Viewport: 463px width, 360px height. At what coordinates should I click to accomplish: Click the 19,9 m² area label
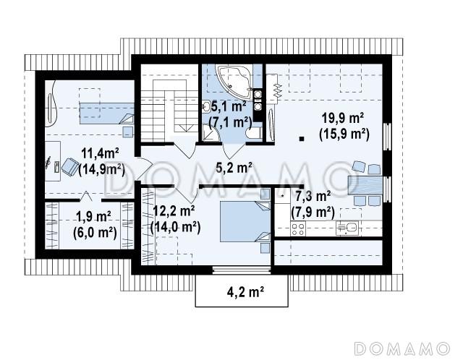click(x=342, y=119)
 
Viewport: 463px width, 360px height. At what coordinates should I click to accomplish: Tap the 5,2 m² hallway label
click(x=234, y=168)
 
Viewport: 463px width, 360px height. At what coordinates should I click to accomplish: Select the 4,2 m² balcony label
click(x=245, y=292)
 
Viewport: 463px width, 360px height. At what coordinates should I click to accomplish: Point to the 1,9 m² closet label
click(x=93, y=217)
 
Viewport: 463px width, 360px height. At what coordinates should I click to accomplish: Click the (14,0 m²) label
click(x=175, y=228)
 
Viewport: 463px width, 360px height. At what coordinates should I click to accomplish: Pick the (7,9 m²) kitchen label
click(x=313, y=212)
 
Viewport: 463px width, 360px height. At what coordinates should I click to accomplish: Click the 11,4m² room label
click(x=100, y=153)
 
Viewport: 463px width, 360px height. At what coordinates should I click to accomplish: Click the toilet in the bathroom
click(x=254, y=133)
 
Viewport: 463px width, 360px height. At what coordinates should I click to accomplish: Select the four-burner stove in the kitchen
click(x=298, y=229)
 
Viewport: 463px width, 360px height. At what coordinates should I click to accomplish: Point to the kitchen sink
click(x=347, y=228)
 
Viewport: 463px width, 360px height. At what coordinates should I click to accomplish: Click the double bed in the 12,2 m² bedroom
click(x=245, y=221)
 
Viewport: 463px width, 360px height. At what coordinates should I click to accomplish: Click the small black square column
click(x=302, y=138)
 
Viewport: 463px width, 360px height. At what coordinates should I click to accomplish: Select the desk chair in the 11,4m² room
click(x=69, y=166)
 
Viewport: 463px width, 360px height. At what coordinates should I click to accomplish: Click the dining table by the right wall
click(x=365, y=185)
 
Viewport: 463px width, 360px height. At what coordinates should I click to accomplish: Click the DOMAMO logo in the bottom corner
click(x=402, y=348)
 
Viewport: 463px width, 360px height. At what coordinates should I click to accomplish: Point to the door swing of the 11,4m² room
click(x=144, y=168)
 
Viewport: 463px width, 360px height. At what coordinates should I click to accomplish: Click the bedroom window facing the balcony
click(x=242, y=270)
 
